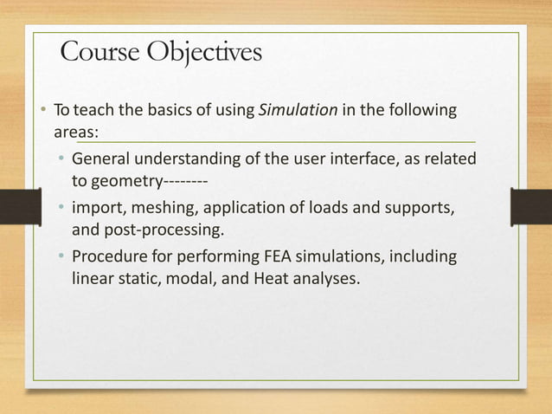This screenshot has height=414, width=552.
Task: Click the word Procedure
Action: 109,258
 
